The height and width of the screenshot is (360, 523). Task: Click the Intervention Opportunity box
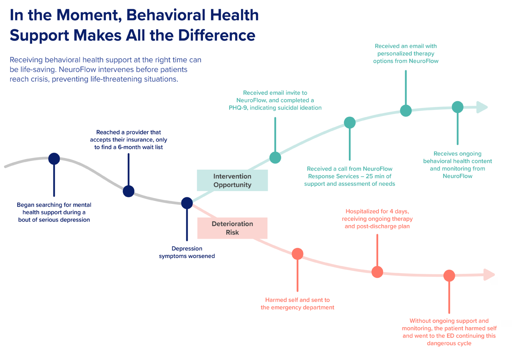coord(232,180)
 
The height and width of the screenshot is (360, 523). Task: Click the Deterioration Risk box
coord(232,228)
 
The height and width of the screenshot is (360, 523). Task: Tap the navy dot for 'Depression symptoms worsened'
coord(187,203)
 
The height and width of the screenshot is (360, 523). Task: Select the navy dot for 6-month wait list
coord(128,191)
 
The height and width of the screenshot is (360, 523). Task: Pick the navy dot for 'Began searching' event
coord(54,159)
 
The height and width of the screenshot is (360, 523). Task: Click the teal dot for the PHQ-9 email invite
coord(275,157)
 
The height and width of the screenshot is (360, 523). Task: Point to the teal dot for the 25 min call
coord(350,122)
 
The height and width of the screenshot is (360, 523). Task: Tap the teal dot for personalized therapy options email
coord(406,110)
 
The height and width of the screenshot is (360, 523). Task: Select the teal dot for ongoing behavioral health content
coord(458,107)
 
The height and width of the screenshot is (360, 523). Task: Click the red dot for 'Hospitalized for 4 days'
coord(377,272)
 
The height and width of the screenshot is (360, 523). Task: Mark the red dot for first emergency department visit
coord(298,253)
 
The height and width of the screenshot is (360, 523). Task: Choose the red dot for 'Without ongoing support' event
coord(449,276)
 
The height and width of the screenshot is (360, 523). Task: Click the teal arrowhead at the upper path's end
coord(482,107)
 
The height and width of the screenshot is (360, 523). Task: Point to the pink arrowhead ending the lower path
coord(489,275)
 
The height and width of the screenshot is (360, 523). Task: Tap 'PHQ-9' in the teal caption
coord(238,108)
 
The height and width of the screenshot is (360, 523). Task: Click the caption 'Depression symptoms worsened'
coord(187,252)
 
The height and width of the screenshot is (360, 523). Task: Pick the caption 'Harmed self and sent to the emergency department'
coord(297,304)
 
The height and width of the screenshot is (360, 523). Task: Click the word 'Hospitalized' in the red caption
coord(362,211)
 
